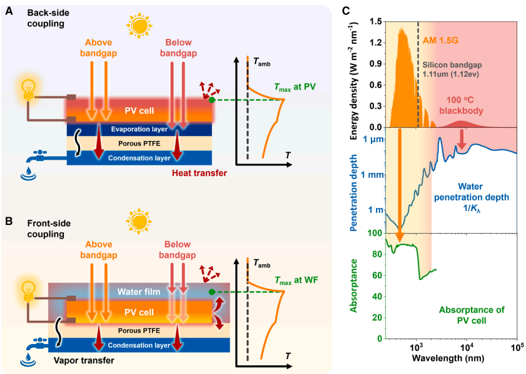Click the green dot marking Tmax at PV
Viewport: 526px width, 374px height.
tap(213, 100)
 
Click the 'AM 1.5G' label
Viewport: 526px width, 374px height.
tap(442, 38)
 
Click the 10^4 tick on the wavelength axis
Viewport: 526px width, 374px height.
tap(467, 348)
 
